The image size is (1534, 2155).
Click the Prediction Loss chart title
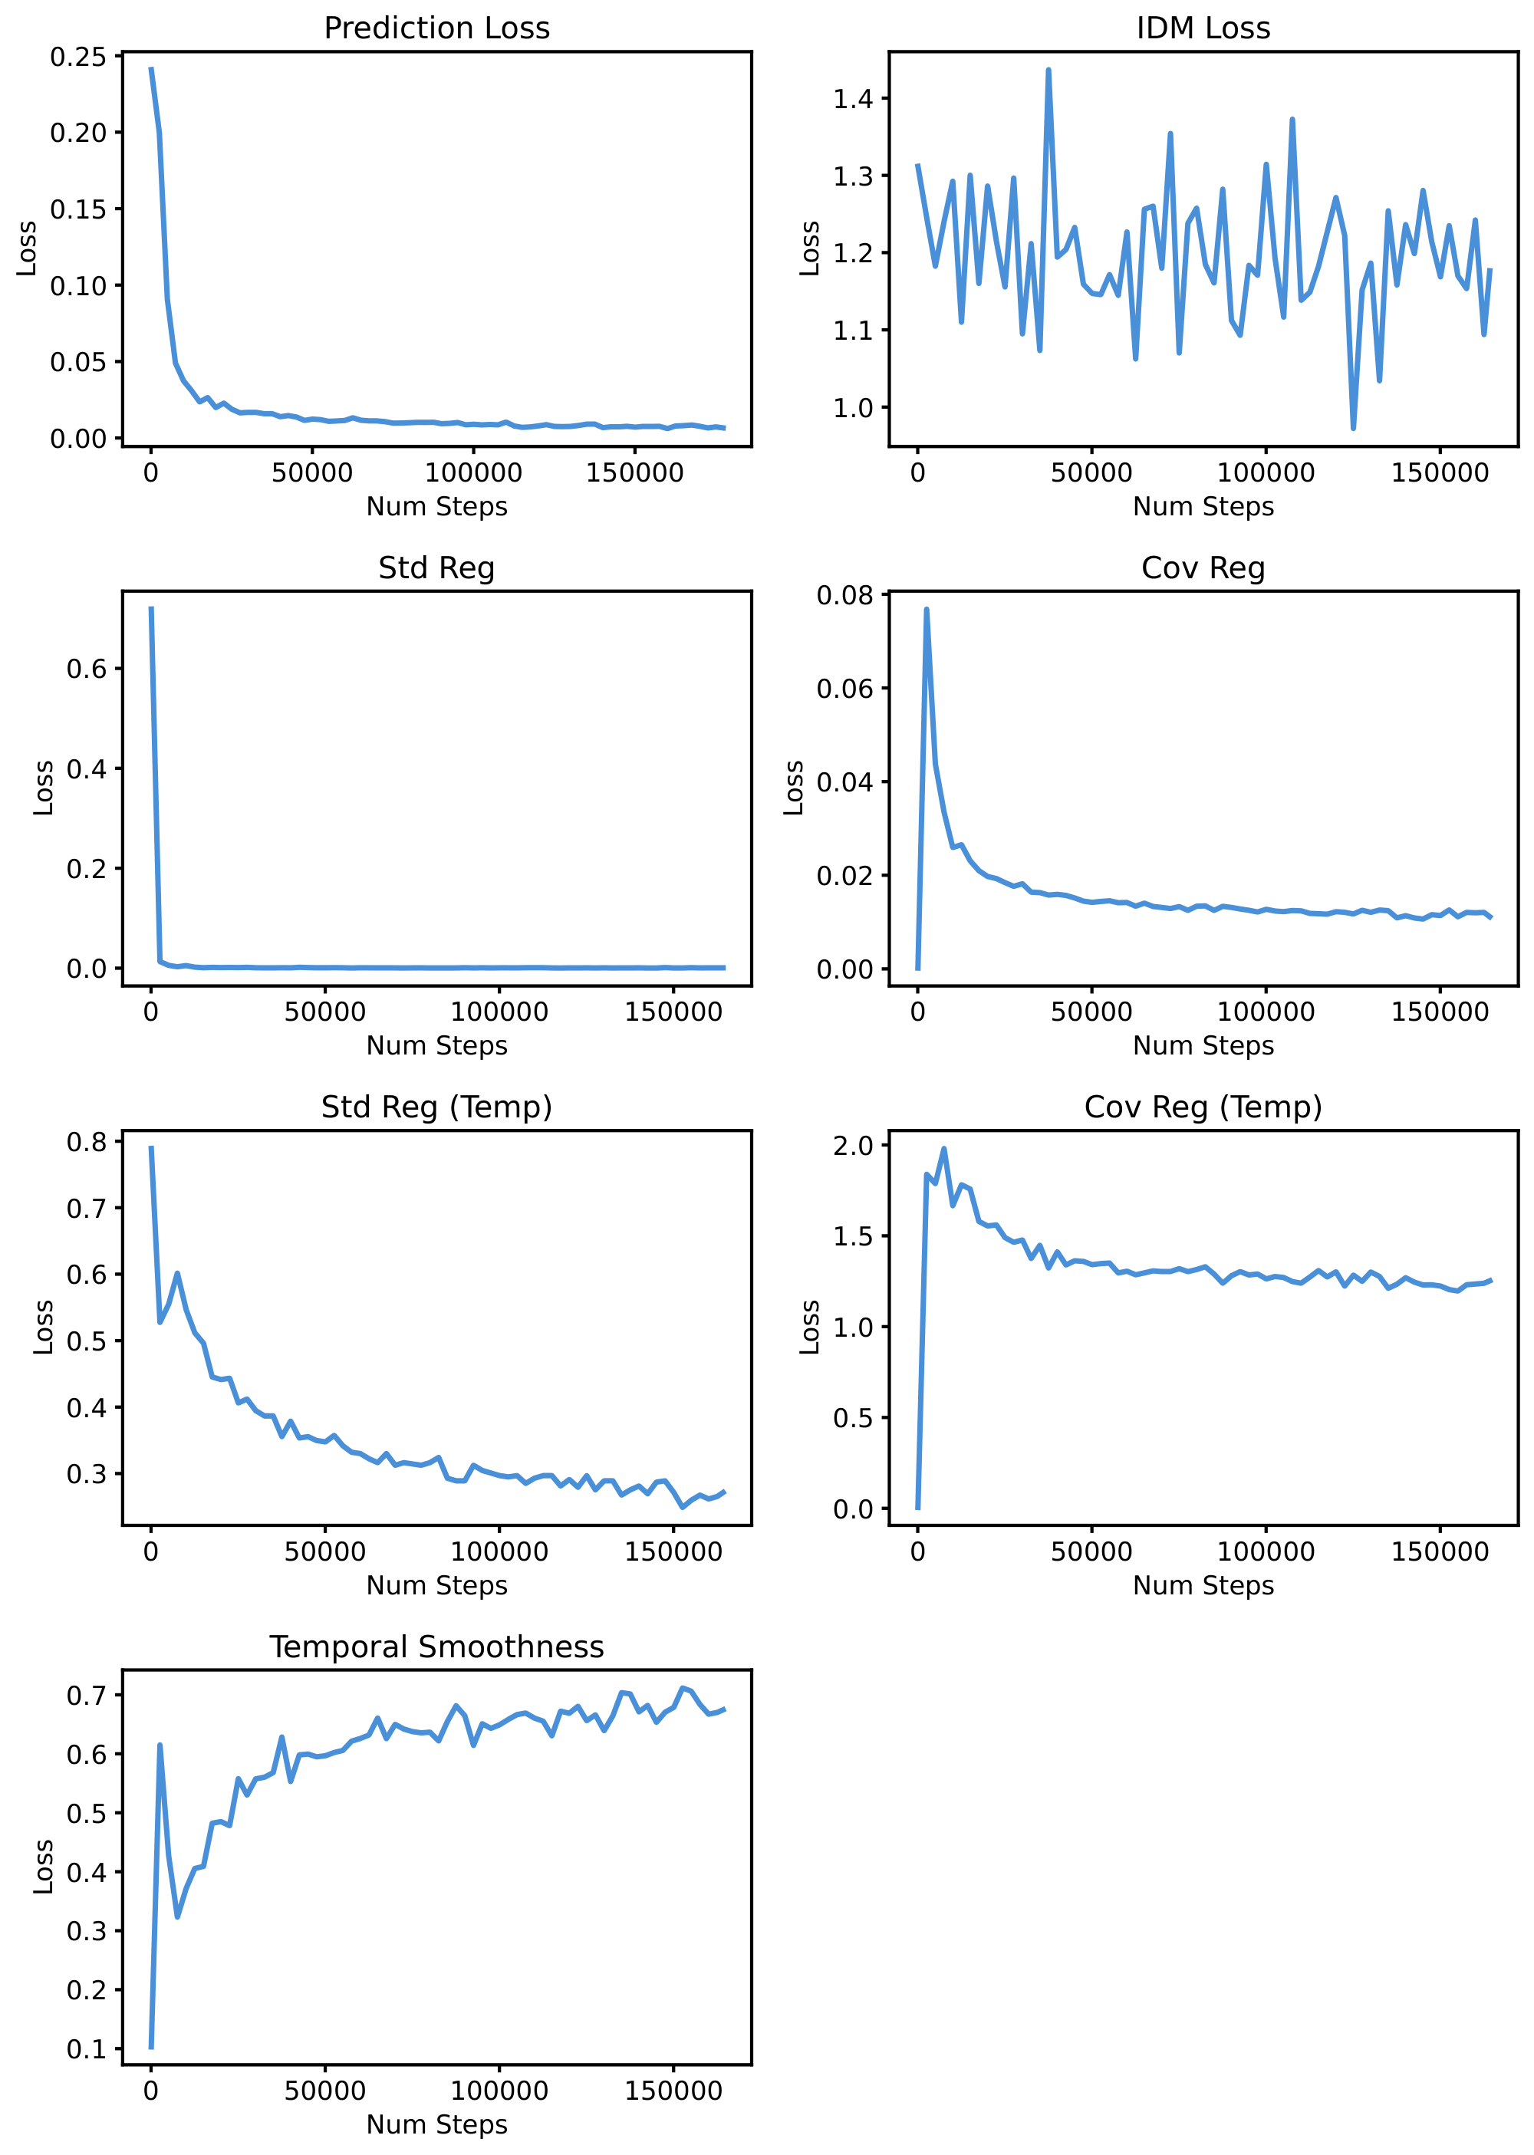pos(436,28)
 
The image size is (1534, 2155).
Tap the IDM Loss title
pos(1203,28)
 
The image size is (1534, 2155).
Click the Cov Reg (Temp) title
pos(1203,1107)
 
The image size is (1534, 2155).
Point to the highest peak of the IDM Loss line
pos(1048,69)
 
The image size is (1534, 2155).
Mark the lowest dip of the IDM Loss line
pos(1354,429)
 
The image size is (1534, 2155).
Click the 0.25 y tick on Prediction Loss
pos(78,57)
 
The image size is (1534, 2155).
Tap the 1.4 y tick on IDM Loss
pos(853,98)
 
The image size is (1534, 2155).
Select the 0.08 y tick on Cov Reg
pos(844,595)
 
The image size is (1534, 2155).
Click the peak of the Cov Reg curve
pos(927,609)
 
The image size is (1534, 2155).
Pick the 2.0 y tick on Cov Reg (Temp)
pos(853,1146)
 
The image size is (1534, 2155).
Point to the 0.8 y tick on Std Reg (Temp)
pos(87,1142)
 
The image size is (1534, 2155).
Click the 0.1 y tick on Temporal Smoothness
pos(87,2049)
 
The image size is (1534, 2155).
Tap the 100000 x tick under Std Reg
pos(499,1012)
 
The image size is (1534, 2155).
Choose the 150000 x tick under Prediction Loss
pos(635,473)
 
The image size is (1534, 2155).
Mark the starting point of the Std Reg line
pos(151,608)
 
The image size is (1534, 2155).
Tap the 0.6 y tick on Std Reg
pos(87,669)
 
